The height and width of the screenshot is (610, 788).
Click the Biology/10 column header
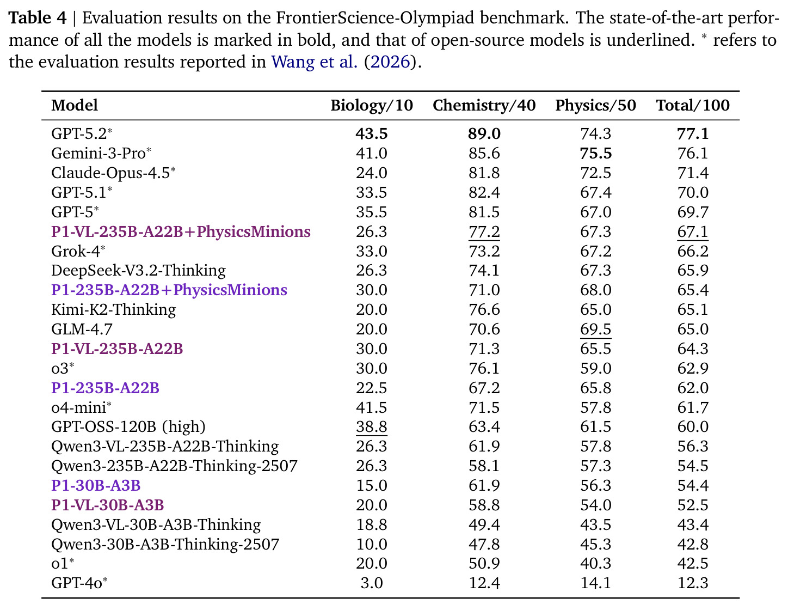371,105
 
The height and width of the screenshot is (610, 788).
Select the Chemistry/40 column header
484,105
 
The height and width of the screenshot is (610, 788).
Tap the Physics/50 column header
595,105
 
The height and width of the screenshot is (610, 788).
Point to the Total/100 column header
693,105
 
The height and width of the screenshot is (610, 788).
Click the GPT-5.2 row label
82,133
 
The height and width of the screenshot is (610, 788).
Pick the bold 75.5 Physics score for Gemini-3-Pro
595,153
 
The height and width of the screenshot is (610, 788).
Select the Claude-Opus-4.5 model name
113,173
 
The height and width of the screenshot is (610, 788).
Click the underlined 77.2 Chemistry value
484,232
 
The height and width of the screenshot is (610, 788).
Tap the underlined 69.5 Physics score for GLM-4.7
595,330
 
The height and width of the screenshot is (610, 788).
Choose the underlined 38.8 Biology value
371,427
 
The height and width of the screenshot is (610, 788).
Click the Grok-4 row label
78,251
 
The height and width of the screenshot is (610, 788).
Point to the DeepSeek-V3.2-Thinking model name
138,271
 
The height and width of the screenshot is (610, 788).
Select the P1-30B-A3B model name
96,485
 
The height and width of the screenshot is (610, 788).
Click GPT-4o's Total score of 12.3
693,583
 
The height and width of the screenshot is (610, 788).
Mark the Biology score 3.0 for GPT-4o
371,583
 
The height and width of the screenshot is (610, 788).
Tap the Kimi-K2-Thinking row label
113,310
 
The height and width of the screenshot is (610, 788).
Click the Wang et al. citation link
315,62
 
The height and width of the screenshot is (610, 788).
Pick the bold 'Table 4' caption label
38,18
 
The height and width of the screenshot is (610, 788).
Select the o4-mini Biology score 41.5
371,407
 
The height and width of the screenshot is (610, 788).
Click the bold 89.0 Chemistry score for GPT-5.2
484,133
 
